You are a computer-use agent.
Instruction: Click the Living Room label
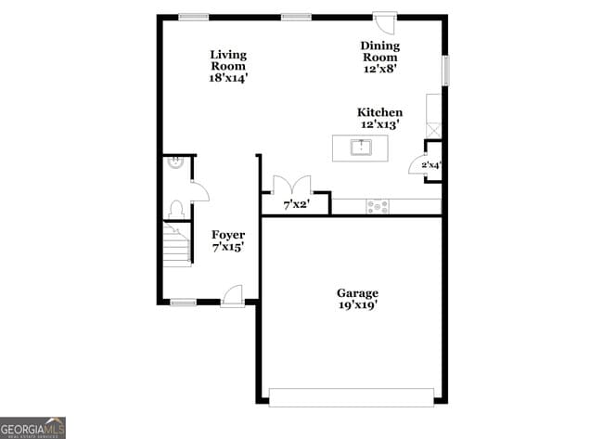click(228, 66)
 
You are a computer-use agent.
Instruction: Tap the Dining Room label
click(380, 57)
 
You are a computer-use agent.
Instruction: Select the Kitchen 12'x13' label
click(380, 118)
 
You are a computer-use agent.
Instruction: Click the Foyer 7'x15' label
click(228, 241)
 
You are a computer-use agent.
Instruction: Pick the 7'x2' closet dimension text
click(295, 204)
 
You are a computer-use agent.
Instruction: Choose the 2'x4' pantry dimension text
click(430, 166)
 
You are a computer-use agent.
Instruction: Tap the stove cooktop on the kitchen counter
click(378, 206)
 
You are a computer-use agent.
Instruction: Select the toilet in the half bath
click(175, 210)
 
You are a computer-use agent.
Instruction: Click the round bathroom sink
click(173, 162)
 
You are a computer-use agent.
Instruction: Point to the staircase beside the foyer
click(177, 246)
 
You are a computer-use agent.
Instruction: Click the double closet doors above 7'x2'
click(291, 183)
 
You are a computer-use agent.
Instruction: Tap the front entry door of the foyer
click(233, 294)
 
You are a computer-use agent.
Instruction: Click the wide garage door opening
click(352, 396)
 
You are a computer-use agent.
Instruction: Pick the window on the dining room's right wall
click(445, 71)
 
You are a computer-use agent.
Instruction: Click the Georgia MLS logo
click(33, 428)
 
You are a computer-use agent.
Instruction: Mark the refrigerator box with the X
click(433, 129)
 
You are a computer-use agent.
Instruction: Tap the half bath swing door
click(199, 191)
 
